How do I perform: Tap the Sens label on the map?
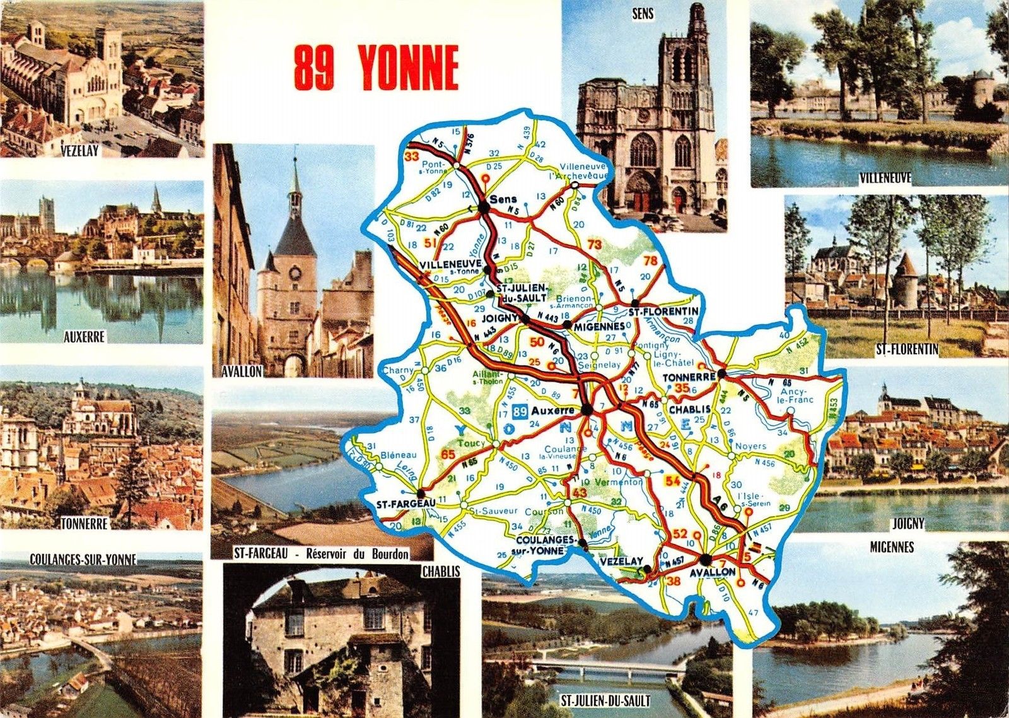504,199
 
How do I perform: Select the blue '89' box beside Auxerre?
520,411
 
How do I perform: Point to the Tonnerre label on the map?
689,377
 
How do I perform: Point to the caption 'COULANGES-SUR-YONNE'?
83,559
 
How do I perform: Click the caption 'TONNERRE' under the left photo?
85,524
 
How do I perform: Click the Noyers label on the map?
750,446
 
